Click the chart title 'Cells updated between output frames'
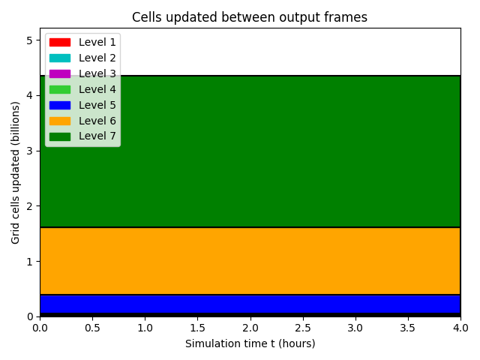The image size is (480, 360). pyautogui.click(x=250, y=17)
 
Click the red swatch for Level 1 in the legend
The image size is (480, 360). pyautogui.click(x=60, y=42)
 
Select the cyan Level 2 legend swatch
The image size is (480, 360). pyautogui.click(x=60, y=58)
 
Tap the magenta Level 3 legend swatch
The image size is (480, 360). pyautogui.click(x=60, y=73)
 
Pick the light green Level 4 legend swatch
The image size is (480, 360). pyautogui.click(x=60, y=89)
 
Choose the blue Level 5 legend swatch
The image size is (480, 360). pyautogui.click(x=60, y=105)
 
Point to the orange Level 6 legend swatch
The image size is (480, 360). pyautogui.click(x=60, y=121)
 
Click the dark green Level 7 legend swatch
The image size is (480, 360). pyautogui.click(x=60, y=136)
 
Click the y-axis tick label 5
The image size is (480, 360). pyautogui.click(x=30, y=40)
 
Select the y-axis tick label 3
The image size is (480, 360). pyautogui.click(x=30, y=151)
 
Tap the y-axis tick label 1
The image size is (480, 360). pyautogui.click(x=30, y=262)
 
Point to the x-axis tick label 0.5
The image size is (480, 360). pyautogui.click(x=92, y=328)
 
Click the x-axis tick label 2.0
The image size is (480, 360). pyautogui.click(x=250, y=328)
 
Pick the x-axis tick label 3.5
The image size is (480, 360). pyautogui.click(x=408, y=328)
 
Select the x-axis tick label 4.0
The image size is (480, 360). pyautogui.click(x=460, y=328)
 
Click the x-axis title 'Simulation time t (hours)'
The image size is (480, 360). pyautogui.click(x=250, y=343)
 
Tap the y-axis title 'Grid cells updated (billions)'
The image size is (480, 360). pyautogui.click(x=15, y=172)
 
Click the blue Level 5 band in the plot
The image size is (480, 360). pyautogui.click(x=250, y=304)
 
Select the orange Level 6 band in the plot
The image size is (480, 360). pyautogui.click(x=250, y=261)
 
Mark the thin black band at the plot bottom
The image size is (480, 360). pyautogui.click(x=250, y=315)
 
